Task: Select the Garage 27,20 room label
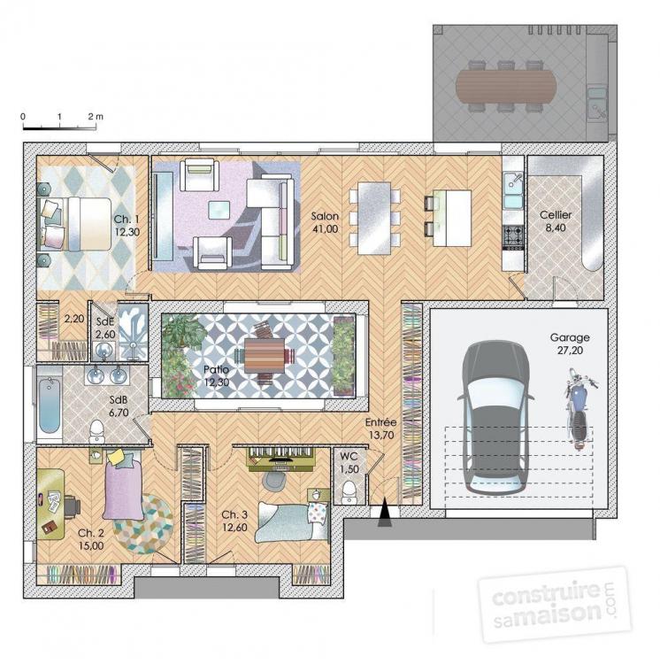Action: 569,344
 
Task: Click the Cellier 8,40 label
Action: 556,221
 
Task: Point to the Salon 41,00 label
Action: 324,222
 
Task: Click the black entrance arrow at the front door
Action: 384,515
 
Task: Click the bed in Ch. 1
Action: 70,223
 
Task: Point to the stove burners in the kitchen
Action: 513,236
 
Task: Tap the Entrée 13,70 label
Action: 381,429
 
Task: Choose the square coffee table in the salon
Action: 218,209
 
